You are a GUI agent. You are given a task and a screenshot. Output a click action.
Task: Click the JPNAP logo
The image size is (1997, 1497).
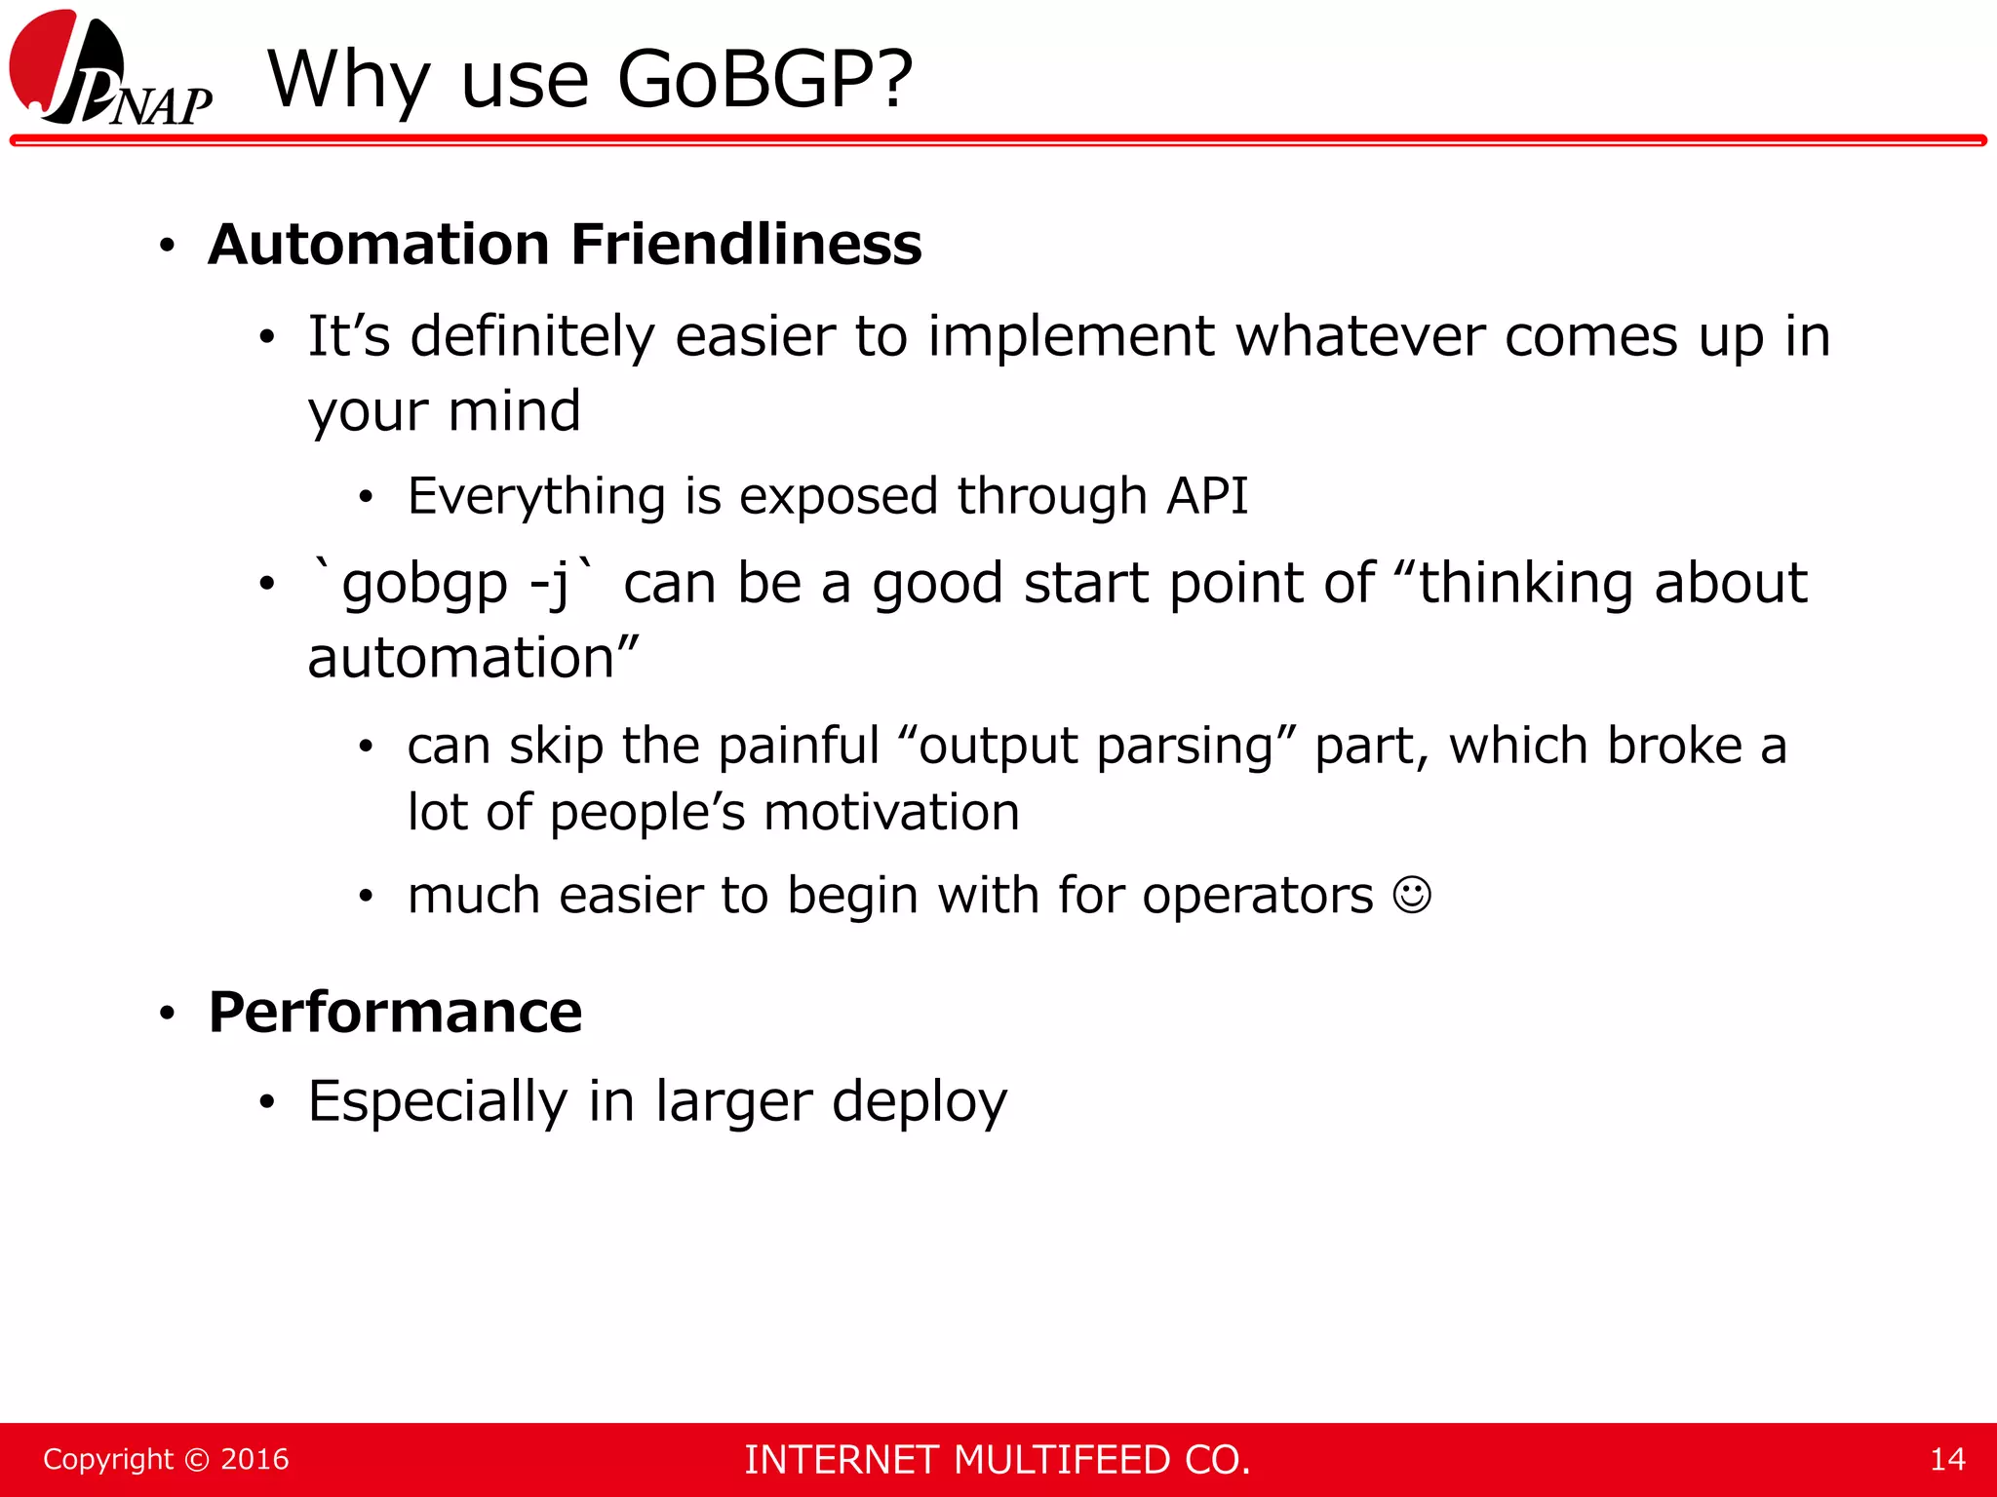click(x=109, y=70)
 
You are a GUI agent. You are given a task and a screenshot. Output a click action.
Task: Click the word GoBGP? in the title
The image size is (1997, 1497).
click(x=765, y=80)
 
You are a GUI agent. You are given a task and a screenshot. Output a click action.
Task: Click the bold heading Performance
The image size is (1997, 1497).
click(x=395, y=1013)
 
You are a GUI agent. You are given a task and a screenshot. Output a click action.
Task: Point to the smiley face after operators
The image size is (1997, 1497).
click(x=1412, y=895)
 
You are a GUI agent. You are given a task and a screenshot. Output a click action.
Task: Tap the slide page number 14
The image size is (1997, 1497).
click(x=1947, y=1459)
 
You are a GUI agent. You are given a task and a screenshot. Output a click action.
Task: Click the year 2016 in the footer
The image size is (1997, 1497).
click(x=255, y=1459)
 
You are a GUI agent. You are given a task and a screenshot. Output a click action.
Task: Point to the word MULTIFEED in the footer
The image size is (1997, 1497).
click(x=1061, y=1460)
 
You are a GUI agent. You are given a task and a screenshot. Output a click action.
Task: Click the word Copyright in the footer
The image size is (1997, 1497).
click(x=107, y=1459)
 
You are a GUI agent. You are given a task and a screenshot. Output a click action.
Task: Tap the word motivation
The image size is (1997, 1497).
click(x=891, y=813)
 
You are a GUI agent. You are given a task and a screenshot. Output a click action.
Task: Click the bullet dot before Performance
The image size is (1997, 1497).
click(x=168, y=1015)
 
